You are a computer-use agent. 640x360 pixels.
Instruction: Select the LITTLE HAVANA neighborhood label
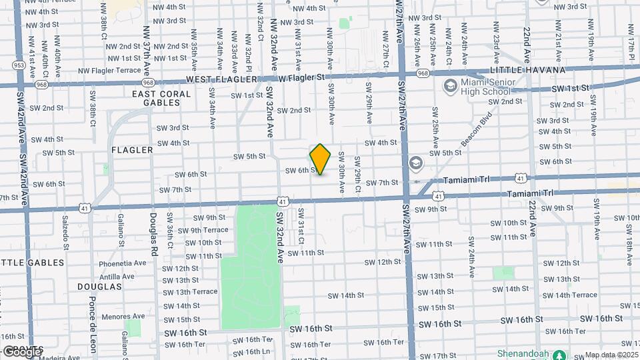pos(527,70)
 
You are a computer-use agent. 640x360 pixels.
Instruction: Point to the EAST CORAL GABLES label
pos(161,98)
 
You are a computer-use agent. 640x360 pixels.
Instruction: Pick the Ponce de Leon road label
pos(93,320)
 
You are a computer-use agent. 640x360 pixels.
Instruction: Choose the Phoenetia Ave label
pos(122,263)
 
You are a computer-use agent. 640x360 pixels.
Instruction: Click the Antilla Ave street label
pos(117,276)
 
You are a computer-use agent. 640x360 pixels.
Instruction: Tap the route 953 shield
pos(19,65)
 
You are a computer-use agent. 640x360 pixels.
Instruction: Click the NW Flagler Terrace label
pos(109,70)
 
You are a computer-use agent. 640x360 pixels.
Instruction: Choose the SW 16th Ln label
pos(252,351)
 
